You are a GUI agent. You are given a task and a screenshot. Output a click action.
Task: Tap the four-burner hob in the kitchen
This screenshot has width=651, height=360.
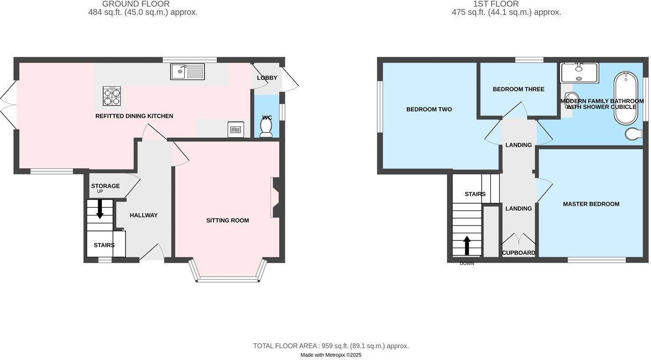(x=112, y=96)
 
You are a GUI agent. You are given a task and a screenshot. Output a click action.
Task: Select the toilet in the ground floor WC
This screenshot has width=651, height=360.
(x=266, y=126)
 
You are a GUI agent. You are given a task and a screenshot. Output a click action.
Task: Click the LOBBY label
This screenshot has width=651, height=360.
(x=267, y=78)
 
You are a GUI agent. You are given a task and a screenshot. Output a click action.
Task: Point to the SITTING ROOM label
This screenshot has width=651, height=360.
(x=227, y=220)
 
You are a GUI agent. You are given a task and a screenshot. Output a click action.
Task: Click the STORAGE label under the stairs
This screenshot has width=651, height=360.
(x=105, y=186)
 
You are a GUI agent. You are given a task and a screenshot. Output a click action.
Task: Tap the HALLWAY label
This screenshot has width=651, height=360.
(x=144, y=215)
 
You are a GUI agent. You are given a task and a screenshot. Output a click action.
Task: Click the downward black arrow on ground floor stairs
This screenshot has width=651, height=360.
(x=100, y=209)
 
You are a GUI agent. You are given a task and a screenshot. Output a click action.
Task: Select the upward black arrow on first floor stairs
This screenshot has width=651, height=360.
(x=467, y=245)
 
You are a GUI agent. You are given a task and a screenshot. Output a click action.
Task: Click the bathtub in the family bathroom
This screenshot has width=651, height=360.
(x=626, y=98)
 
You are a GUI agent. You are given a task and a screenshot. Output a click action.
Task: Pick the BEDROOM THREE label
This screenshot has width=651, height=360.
(x=518, y=89)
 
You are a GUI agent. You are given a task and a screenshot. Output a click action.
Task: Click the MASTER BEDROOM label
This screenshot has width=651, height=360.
(x=591, y=204)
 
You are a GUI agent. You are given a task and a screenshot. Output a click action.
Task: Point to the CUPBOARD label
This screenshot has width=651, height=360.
(x=518, y=253)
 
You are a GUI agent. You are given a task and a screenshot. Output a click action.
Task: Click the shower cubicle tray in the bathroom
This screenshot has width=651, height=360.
(x=579, y=73)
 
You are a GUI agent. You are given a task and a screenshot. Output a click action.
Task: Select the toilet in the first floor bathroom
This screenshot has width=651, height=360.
(x=633, y=133)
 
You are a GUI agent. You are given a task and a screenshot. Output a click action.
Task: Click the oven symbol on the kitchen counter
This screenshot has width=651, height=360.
(x=235, y=129)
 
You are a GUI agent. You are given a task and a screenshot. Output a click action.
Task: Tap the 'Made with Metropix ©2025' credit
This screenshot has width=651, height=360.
(x=331, y=355)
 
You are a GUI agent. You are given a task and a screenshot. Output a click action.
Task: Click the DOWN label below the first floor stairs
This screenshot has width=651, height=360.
(x=466, y=264)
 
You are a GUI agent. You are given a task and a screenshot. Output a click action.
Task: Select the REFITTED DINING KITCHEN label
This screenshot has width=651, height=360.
(x=134, y=116)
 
